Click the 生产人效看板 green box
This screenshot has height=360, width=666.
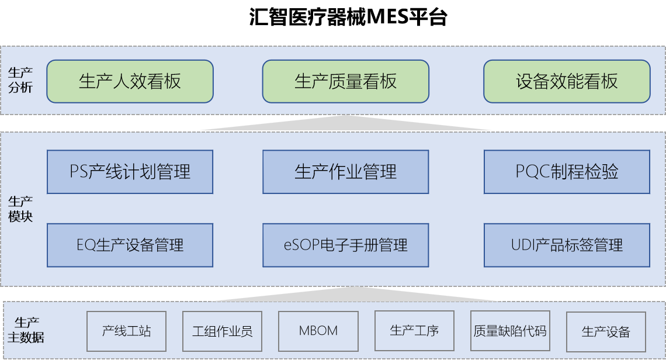click(x=130, y=81)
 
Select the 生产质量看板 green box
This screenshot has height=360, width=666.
click(x=345, y=81)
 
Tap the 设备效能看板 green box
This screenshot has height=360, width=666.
click(x=567, y=81)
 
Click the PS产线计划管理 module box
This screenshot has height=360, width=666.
click(x=130, y=172)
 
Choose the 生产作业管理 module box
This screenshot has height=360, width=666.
click(x=345, y=172)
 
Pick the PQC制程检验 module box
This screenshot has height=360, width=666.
click(x=567, y=172)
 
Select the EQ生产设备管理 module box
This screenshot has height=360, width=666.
click(x=130, y=245)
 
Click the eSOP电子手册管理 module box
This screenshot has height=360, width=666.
click(x=345, y=245)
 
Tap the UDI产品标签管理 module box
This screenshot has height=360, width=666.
click(x=567, y=245)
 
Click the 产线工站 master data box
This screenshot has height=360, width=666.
click(x=126, y=331)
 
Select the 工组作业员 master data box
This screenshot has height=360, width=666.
click(x=222, y=331)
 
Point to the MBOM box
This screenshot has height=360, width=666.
click(x=318, y=331)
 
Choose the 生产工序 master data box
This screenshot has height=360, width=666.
click(x=414, y=331)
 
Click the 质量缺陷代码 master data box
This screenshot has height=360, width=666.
click(x=510, y=331)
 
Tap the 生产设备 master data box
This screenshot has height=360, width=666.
click(x=606, y=331)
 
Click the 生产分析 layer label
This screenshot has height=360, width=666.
click(x=20, y=81)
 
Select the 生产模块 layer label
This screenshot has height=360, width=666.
click(x=20, y=209)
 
